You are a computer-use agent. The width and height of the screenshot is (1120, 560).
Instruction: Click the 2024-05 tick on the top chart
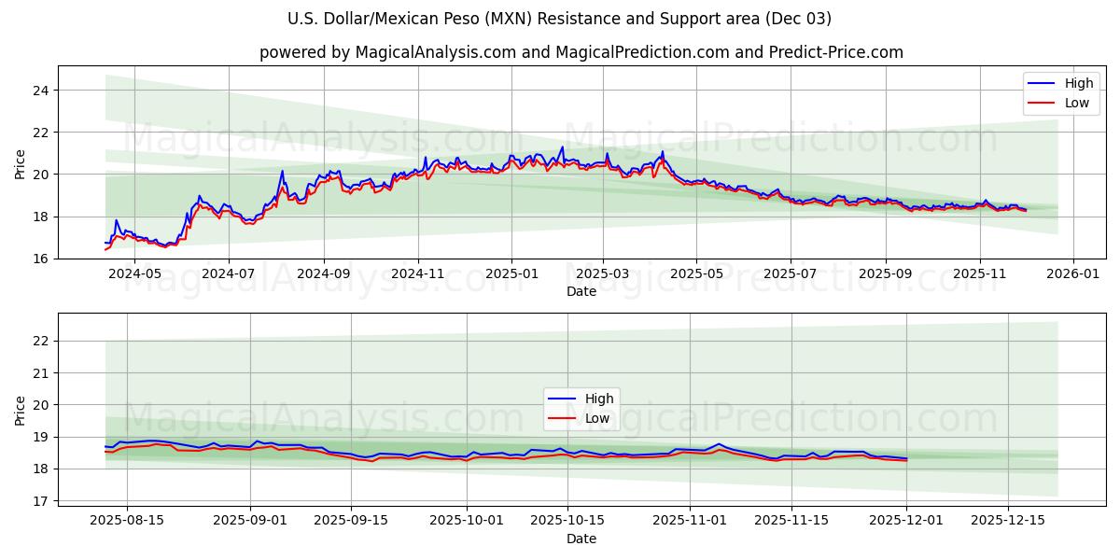click(135, 274)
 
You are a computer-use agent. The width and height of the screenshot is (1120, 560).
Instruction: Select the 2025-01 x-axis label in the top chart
click(511, 274)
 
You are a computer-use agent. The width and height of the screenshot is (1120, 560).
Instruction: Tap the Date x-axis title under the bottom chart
click(581, 539)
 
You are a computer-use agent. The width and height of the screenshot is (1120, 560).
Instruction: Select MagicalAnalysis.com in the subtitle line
click(435, 52)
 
